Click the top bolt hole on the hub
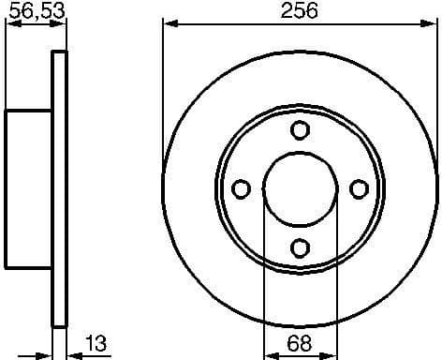[300, 130]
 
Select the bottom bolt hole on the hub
[300, 247]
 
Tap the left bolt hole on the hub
[241, 189]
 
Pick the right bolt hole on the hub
[358, 189]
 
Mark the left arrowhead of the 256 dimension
[169, 23]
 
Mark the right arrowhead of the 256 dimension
[430, 23]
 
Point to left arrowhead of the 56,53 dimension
[11, 24]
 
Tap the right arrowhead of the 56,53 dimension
[62, 24]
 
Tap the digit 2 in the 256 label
[287, 11]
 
